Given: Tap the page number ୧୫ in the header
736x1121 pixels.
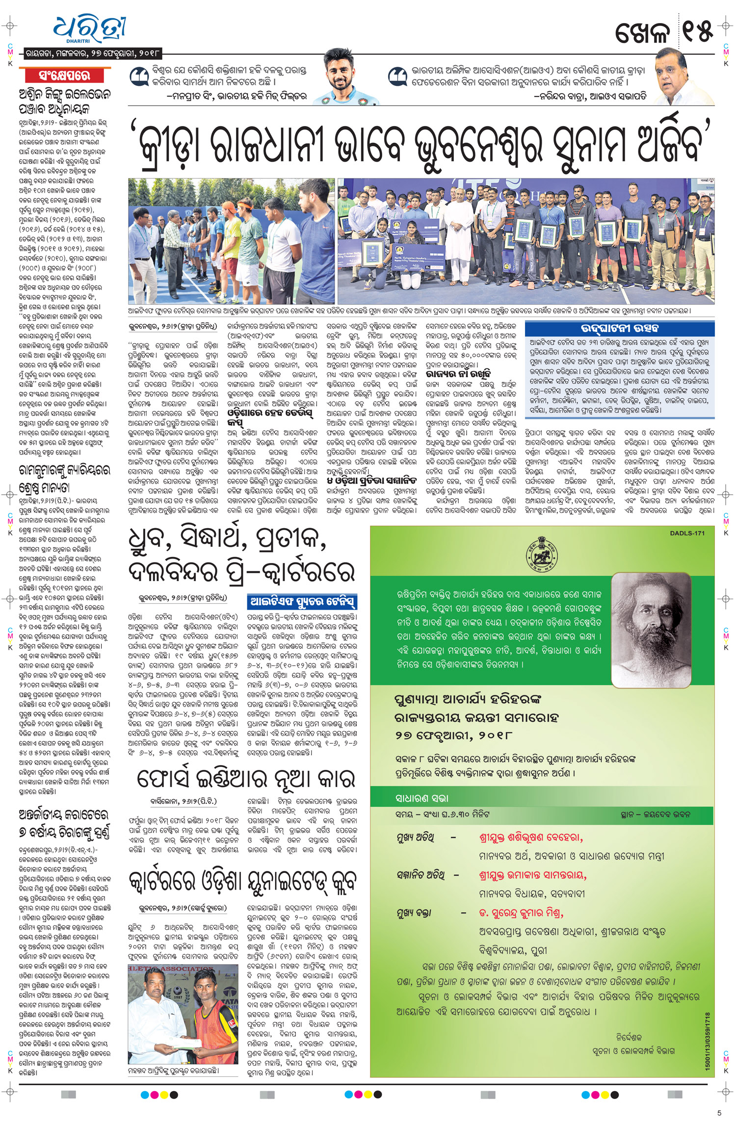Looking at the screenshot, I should (x=697, y=32).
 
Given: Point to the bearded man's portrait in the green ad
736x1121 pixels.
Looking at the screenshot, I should (x=650, y=630).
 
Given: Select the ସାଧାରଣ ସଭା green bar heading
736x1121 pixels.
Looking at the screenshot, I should (x=422, y=798).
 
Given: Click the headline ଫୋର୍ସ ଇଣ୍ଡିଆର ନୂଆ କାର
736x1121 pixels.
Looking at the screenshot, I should (x=245, y=778).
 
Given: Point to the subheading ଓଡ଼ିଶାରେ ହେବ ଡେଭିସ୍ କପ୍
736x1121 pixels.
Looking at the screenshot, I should (x=269, y=417).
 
